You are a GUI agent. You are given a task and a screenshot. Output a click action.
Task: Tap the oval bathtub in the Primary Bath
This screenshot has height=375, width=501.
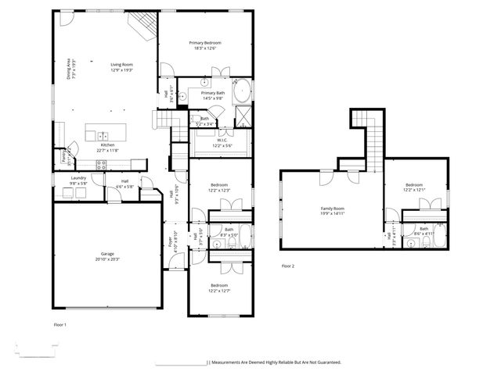point(243,91)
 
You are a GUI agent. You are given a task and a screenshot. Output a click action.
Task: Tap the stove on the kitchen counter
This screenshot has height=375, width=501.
point(101,164)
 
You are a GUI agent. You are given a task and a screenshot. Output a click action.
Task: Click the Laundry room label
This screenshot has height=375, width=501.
point(78,178)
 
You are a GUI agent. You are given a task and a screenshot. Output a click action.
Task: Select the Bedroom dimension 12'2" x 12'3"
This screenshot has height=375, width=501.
point(219,190)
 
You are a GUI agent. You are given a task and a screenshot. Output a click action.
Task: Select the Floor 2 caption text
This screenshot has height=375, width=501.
point(288,266)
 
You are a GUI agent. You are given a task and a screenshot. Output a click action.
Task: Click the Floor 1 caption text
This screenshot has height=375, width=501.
point(60,323)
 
